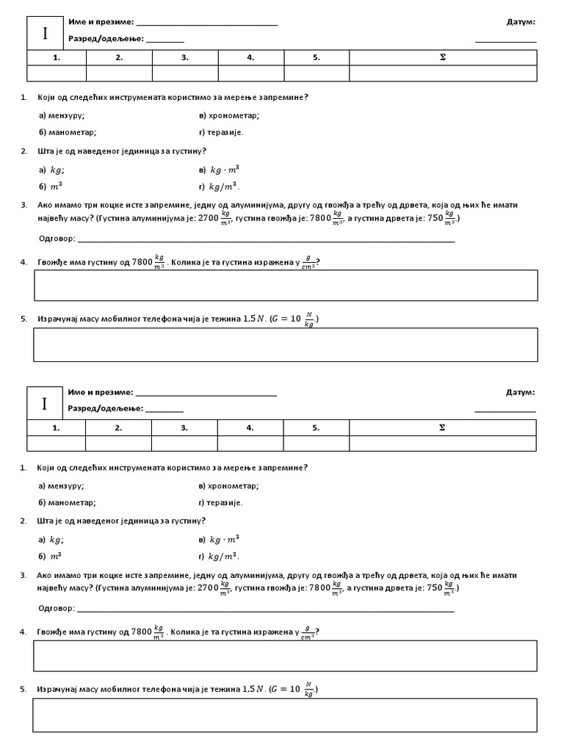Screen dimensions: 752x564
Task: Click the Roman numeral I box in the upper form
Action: pos(46,33)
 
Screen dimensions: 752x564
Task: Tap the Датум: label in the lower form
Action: pos(521,393)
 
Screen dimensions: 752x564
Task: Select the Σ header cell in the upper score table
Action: pos(443,57)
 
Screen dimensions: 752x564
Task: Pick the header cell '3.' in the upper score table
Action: pos(185,57)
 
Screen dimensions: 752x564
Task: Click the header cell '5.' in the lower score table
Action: pos(316,427)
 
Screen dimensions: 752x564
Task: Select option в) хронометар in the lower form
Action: pos(228,485)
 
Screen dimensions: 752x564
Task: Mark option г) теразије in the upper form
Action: pos(220,132)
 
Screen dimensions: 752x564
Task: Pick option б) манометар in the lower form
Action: pos(67,503)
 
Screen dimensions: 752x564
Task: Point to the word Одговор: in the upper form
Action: pos(56,239)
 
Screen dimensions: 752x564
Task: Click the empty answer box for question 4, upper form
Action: pos(286,285)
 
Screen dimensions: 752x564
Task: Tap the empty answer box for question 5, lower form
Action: pos(285,715)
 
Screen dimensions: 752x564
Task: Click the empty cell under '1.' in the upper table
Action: pos(57,73)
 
